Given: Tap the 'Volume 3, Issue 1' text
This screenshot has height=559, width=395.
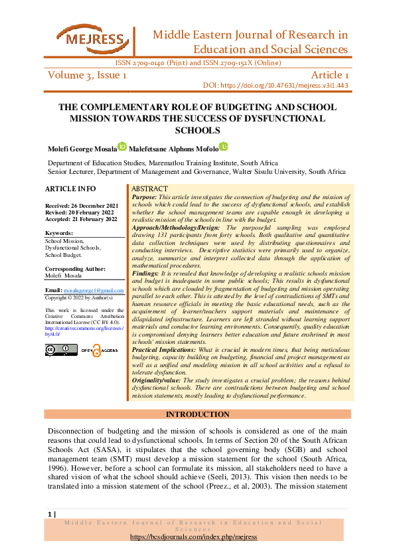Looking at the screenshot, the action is click(87, 75).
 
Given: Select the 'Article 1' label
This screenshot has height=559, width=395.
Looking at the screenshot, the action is click(325, 75).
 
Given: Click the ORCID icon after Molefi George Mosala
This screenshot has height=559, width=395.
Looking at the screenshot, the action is click(122, 147).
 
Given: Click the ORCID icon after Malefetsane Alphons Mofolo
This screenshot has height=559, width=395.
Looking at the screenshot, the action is click(224, 147).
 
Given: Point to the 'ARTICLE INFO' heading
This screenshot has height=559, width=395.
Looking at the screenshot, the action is click(70, 189).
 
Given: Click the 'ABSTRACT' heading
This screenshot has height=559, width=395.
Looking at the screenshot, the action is click(150, 189).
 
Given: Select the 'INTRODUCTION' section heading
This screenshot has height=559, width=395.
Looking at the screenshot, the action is click(197, 414).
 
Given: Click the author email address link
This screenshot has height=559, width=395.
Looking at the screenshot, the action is click(93, 291).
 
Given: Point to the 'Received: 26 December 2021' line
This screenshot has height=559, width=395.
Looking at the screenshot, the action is click(81, 206).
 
